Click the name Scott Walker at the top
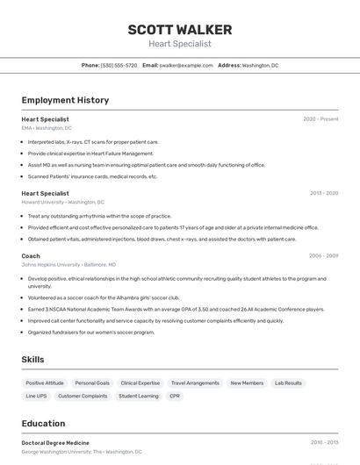point(179,29)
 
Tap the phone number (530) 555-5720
point(119,65)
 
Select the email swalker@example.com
point(186,65)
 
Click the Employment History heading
point(65,100)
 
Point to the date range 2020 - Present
point(320,119)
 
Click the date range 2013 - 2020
point(323,193)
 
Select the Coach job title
point(31,256)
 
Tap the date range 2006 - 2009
point(323,256)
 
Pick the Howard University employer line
point(62,202)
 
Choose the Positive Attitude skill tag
point(45,383)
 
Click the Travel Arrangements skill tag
point(195,383)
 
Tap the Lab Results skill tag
point(288,383)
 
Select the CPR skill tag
point(175,397)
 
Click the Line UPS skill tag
point(36,397)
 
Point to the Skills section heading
point(32,360)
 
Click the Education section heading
point(43,423)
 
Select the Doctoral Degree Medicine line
point(55,443)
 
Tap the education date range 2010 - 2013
point(323,443)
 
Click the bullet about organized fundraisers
point(90,333)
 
